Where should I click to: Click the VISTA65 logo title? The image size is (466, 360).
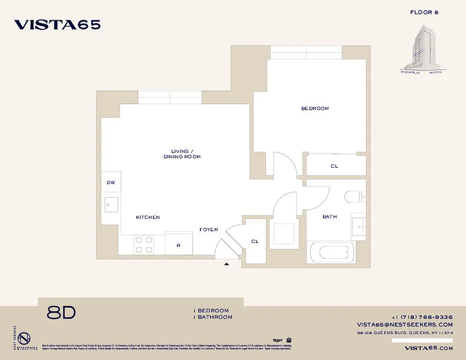tap(57, 25)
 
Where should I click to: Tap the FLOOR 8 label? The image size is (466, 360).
tap(424, 12)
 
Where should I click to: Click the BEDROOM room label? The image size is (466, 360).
tap(315, 108)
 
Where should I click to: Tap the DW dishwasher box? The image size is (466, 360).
tap(111, 183)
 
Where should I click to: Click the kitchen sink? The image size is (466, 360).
tap(111, 205)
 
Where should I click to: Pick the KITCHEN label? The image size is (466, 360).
tap(148, 217)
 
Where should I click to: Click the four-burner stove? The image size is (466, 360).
tap(144, 245)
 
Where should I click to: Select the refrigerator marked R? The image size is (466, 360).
tap(179, 243)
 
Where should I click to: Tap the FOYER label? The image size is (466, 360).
tap(209, 229)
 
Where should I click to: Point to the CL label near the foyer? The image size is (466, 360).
tap(255, 242)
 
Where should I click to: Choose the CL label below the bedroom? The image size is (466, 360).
tap(334, 166)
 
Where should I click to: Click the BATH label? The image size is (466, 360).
tap(330, 217)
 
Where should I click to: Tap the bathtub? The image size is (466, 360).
tap(331, 252)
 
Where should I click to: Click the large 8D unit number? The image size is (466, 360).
tap(61, 313)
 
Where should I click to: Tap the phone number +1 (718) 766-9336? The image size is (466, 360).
tap(422, 317)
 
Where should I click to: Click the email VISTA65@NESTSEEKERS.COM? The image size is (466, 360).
tap(405, 324)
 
